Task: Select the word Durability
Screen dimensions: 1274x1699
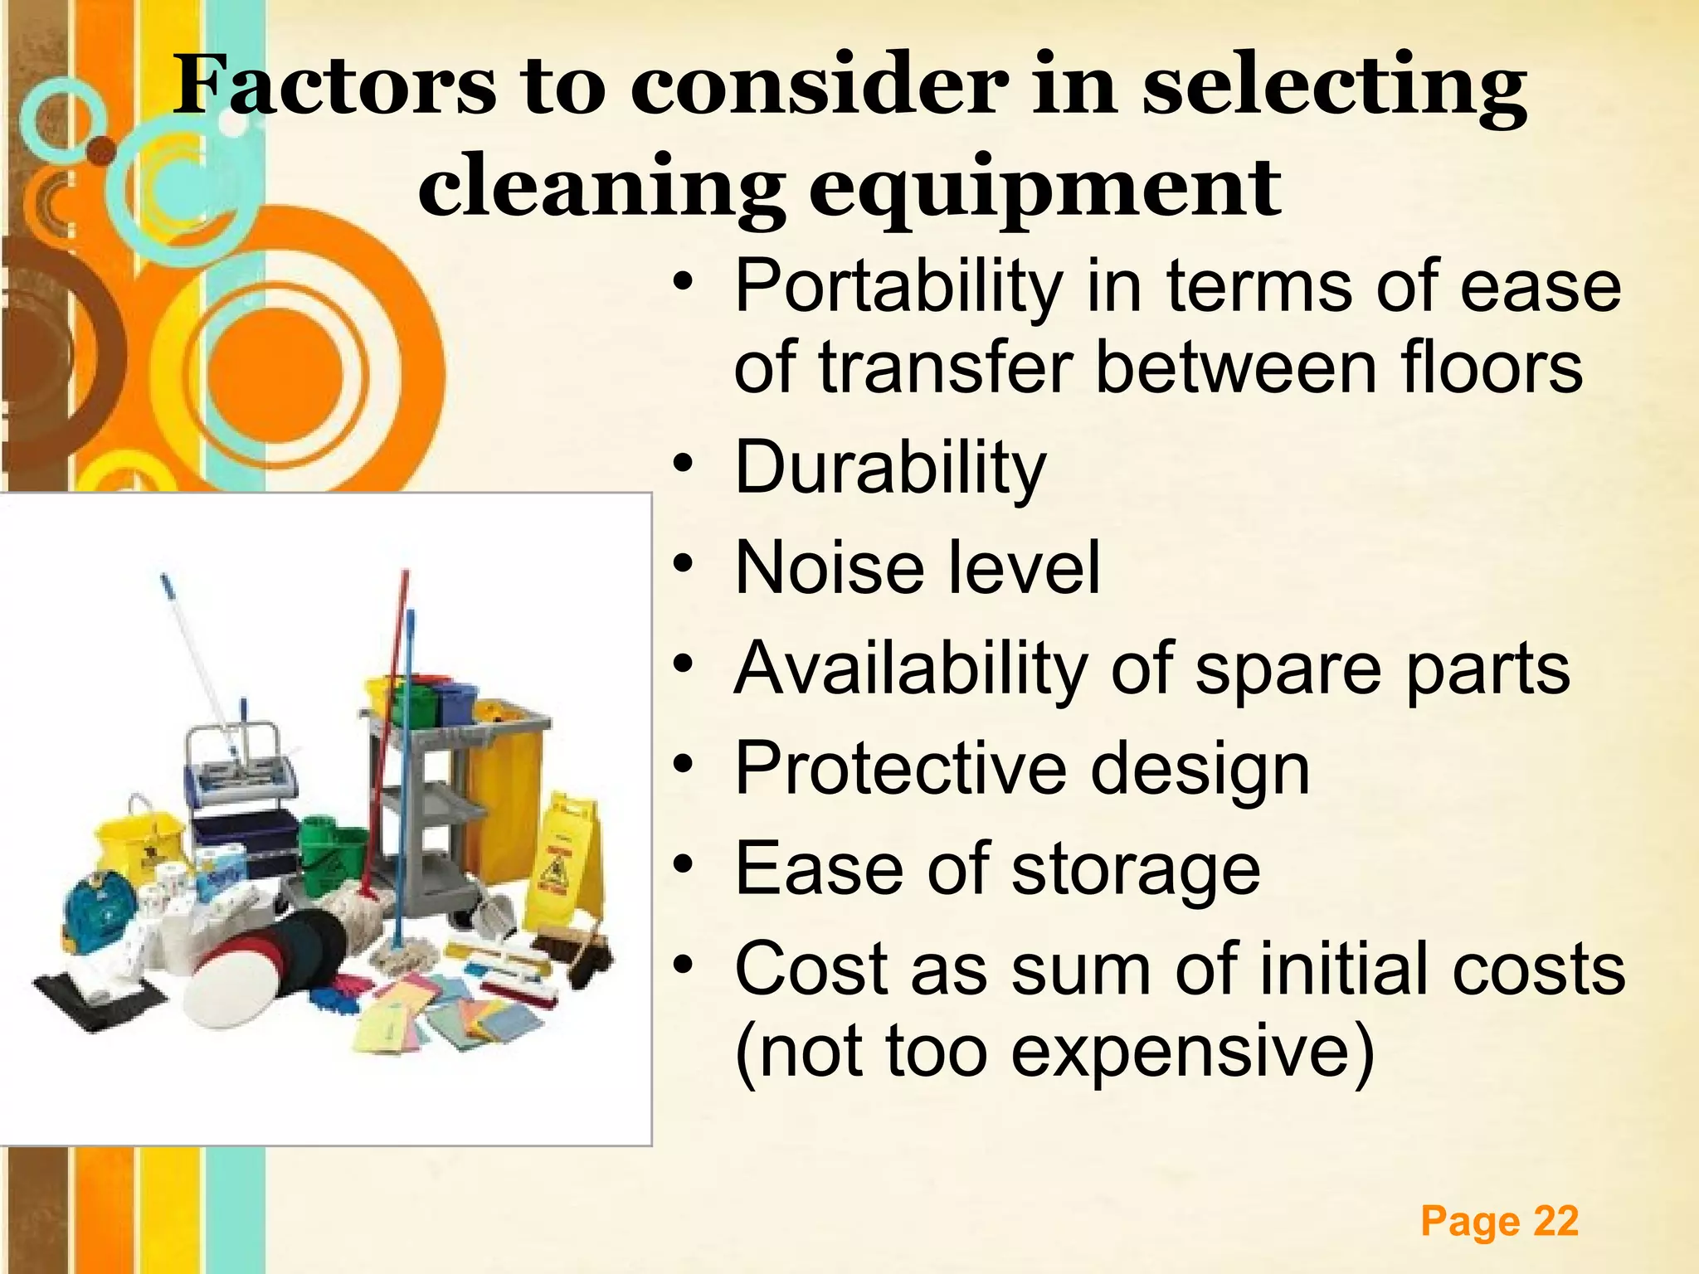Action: [889, 468]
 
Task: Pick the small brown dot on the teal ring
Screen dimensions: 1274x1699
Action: [102, 150]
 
